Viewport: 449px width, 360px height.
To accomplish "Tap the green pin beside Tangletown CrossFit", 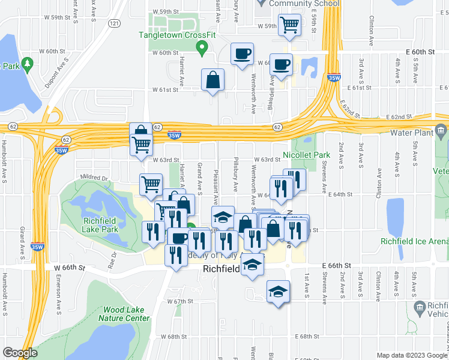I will click(203, 46).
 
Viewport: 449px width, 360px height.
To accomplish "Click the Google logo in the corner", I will click(19, 353).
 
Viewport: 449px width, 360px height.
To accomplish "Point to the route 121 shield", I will click(113, 23).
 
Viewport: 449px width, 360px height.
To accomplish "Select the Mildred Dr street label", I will click(95, 178).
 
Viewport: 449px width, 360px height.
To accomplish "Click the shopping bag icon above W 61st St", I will click(212, 80).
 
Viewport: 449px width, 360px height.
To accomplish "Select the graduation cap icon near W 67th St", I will click(277, 292).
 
